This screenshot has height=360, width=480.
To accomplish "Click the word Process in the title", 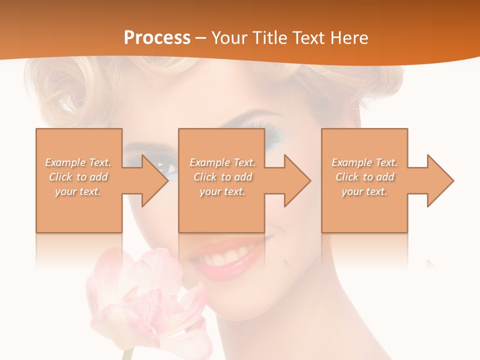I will click(157, 37).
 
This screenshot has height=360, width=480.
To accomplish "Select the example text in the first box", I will click(78, 177).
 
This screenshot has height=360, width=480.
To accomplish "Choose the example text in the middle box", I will click(222, 177).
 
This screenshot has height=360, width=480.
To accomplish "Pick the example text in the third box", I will click(364, 177).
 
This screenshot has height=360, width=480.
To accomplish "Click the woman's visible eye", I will click(168, 170).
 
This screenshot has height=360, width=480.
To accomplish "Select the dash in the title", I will click(200, 38).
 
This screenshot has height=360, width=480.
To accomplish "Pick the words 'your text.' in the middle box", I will click(222, 191).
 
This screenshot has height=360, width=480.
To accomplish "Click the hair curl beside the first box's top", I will click(75, 95).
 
